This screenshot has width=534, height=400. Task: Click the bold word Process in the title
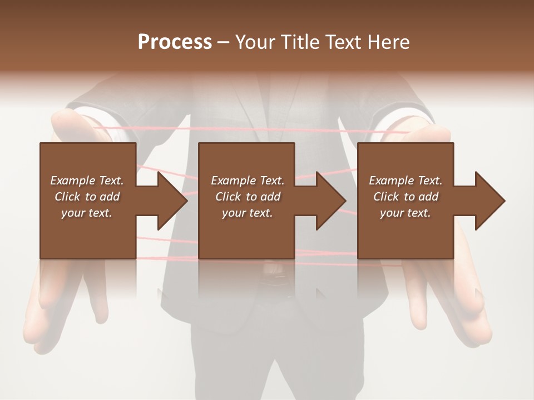tap(175, 42)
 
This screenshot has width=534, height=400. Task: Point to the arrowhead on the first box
tap(169, 201)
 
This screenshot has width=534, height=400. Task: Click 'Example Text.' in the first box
tap(87, 181)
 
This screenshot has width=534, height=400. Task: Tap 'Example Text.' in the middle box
tap(248, 181)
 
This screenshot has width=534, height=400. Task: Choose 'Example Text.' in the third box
tap(406, 181)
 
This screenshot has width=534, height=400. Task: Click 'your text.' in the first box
tap(87, 213)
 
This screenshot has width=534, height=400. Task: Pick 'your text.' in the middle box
tap(248, 213)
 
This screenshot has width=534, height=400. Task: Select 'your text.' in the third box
tap(406, 213)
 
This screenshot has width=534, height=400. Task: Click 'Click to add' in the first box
tap(87, 197)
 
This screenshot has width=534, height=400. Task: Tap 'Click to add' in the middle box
tap(248, 197)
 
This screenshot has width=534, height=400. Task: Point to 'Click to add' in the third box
tap(406, 197)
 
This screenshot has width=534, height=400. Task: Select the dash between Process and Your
tap(224, 43)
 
